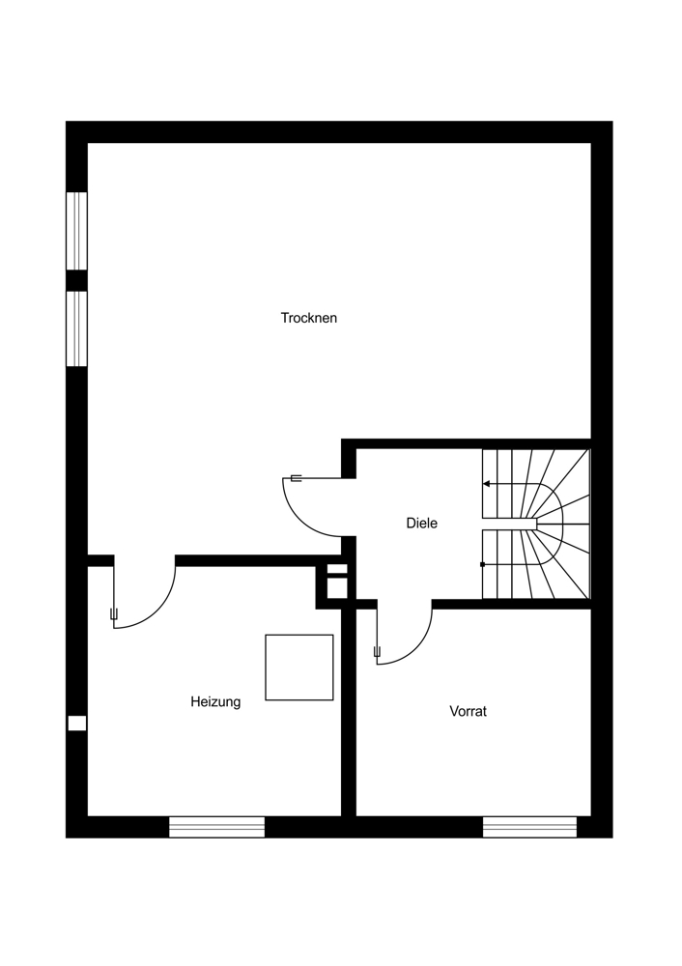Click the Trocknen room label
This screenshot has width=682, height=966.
click(x=309, y=318)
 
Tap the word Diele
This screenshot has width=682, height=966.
click(x=421, y=524)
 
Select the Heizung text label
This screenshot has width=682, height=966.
click(x=215, y=702)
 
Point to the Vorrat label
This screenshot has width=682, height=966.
click(x=468, y=711)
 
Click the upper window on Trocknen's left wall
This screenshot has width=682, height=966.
click(x=76, y=231)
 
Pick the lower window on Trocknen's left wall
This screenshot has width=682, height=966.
click(x=76, y=328)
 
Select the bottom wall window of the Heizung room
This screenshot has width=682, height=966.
click(x=216, y=827)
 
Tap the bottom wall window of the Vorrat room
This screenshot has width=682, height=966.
click(x=529, y=827)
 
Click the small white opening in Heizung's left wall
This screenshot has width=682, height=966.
click(x=76, y=723)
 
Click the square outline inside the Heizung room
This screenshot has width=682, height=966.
click(x=299, y=667)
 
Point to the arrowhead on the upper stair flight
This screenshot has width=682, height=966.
click(x=486, y=483)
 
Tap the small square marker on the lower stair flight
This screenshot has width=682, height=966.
click(x=482, y=564)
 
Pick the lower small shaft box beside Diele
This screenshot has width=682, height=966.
click(x=336, y=589)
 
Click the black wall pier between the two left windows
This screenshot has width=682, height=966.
click(x=76, y=280)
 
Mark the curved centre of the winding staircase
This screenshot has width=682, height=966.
click(x=551, y=523)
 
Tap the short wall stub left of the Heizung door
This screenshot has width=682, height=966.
click(x=100, y=560)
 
